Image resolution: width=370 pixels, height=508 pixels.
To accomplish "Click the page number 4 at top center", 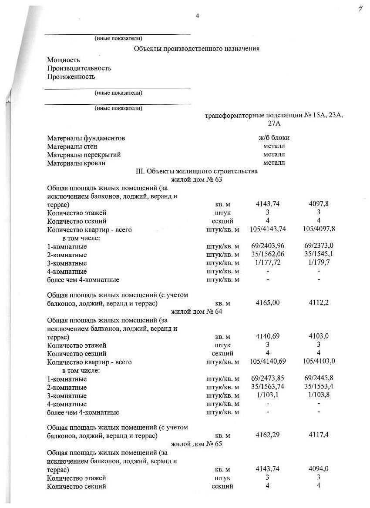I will tap(197, 16).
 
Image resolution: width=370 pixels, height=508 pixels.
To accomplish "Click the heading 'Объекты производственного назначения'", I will tap(196, 49).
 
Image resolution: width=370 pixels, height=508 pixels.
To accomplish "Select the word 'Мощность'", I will tap(64, 60).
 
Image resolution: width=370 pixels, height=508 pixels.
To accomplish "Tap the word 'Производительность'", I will tap(79, 68).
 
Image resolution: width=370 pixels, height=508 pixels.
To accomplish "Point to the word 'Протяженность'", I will tap(71, 76).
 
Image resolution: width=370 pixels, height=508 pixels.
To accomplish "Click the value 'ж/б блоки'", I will tap(274, 138).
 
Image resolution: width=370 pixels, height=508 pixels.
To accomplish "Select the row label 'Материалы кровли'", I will tap(76, 163).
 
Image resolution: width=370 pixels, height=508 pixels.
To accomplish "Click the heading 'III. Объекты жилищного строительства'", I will tap(197, 171).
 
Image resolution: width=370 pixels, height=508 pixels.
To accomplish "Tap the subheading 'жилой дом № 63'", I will tap(197, 179).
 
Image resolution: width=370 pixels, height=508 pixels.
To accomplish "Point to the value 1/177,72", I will tap(267, 263).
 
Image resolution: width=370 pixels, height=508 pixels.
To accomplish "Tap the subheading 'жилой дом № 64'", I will tap(197, 312).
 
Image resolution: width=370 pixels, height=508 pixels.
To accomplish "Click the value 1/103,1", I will tap(267, 395).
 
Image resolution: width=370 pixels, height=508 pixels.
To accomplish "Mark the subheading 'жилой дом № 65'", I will tap(197, 444).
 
